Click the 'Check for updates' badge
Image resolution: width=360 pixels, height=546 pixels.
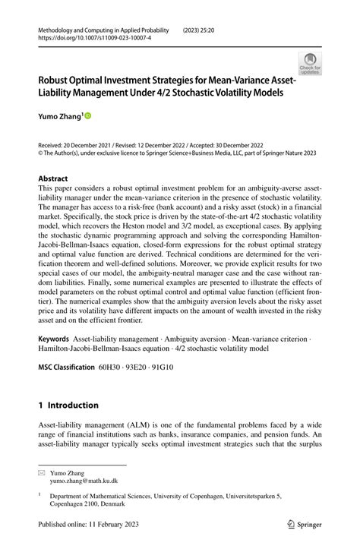310,64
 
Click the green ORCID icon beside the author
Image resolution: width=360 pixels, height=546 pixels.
87,116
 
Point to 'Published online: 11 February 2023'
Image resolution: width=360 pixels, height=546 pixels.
94,525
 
